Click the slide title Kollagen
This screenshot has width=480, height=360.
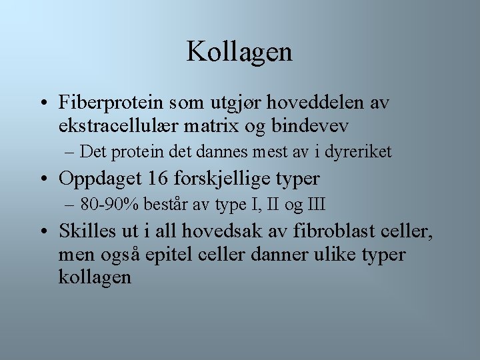[x=239, y=51]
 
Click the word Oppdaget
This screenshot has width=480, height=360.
[x=99, y=179]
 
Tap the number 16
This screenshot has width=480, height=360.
[x=157, y=179]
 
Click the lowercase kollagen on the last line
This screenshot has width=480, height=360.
[x=95, y=276]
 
